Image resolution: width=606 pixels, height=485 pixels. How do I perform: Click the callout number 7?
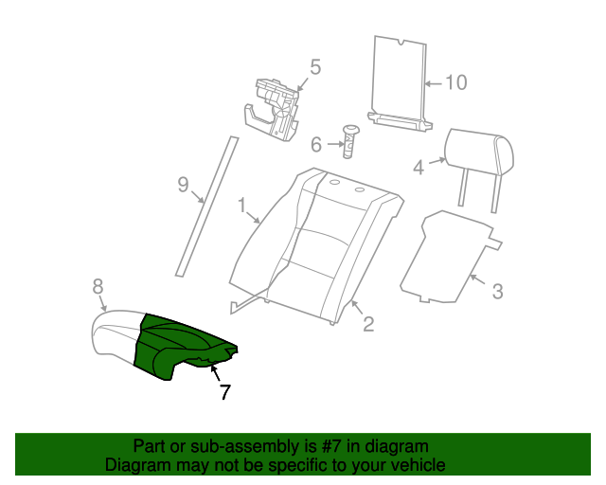tap(225, 392)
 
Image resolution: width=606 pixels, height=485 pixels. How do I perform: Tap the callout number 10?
tap(456, 82)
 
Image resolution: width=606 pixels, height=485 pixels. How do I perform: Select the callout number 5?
tap(315, 67)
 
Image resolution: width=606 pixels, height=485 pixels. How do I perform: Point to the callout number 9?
tap(183, 184)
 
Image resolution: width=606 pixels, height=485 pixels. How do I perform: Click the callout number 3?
tap(498, 291)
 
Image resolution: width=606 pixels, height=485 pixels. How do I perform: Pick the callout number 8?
tap(98, 287)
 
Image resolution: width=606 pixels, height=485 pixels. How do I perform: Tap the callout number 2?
tap(368, 324)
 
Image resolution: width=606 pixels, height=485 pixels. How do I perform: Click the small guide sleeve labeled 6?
tap(350, 141)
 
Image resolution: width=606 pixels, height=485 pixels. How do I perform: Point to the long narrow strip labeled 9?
tap(207, 207)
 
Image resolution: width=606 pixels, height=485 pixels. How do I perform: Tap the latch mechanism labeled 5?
tap(272, 110)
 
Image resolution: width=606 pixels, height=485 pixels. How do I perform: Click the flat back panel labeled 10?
tap(400, 82)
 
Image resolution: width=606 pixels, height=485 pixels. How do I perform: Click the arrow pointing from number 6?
tap(335, 144)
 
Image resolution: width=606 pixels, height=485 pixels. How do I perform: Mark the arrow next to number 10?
tap(434, 83)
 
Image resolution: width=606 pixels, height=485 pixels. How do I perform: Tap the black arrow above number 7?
tap(215, 373)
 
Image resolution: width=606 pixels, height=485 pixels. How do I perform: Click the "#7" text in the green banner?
tap(331, 447)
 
